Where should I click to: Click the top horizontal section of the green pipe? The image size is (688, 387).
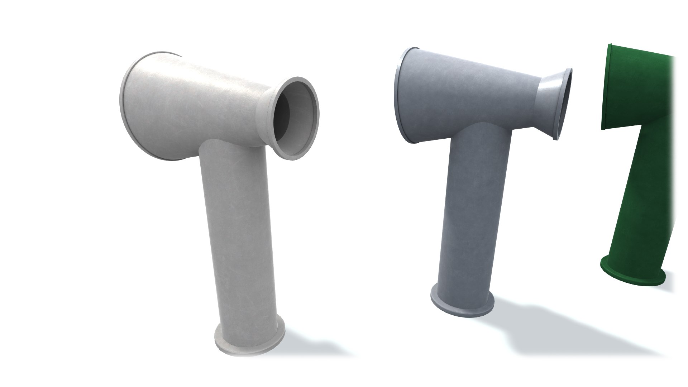click(638, 90)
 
